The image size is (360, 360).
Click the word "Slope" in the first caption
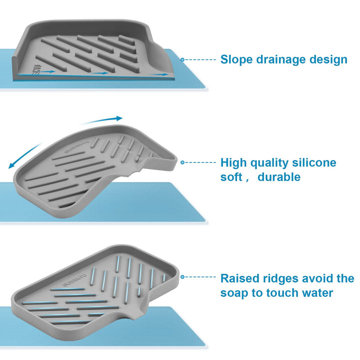(x=237, y=59)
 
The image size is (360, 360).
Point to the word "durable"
(x=279, y=177)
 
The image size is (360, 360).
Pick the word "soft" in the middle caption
(x=232, y=177)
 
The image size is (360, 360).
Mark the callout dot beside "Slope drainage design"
(x=183, y=59)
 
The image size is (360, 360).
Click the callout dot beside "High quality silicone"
(x=183, y=162)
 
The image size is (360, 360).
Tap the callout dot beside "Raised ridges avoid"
(x=183, y=276)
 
